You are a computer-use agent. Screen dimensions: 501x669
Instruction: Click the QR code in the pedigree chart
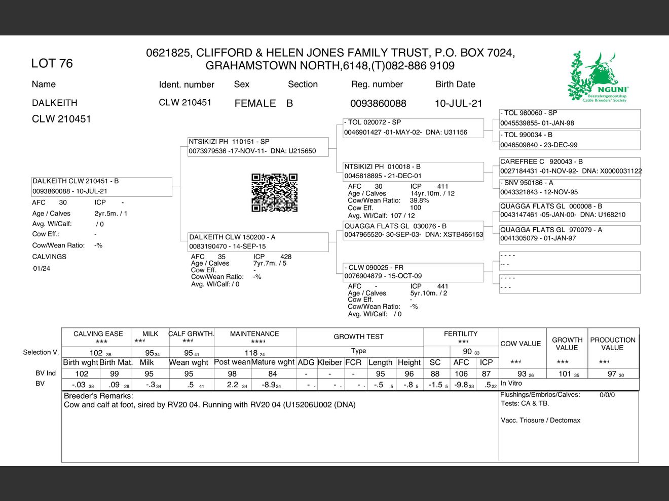[x=274, y=192]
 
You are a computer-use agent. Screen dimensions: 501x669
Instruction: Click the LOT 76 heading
[x=52, y=63]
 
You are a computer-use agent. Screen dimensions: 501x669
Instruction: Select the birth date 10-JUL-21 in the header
[x=458, y=103]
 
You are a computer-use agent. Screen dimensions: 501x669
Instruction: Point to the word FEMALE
[x=255, y=103]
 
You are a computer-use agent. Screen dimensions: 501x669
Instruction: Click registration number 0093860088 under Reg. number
[x=378, y=103]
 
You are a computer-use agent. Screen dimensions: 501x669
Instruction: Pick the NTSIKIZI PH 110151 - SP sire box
[x=258, y=146]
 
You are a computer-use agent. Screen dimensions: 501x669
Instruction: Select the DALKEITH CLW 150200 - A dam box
[x=258, y=242]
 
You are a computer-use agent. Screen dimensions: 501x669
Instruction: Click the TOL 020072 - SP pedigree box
[x=413, y=128]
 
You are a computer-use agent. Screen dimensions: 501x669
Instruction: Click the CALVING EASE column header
[x=98, y=334]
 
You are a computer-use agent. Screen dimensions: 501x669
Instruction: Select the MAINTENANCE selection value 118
[x=251, y=353]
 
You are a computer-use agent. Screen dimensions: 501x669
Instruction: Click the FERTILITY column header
[x=461, y=334]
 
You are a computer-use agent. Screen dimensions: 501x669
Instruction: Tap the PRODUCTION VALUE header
[x=612, y=344]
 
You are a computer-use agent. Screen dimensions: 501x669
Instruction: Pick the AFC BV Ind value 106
[x=461, y=373]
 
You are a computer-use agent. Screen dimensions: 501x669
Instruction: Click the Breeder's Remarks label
[x=98, y=396]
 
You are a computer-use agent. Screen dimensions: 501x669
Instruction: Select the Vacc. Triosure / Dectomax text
[x=540, y=420]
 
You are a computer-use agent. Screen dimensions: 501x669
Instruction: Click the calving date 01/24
[x=42, y=268]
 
